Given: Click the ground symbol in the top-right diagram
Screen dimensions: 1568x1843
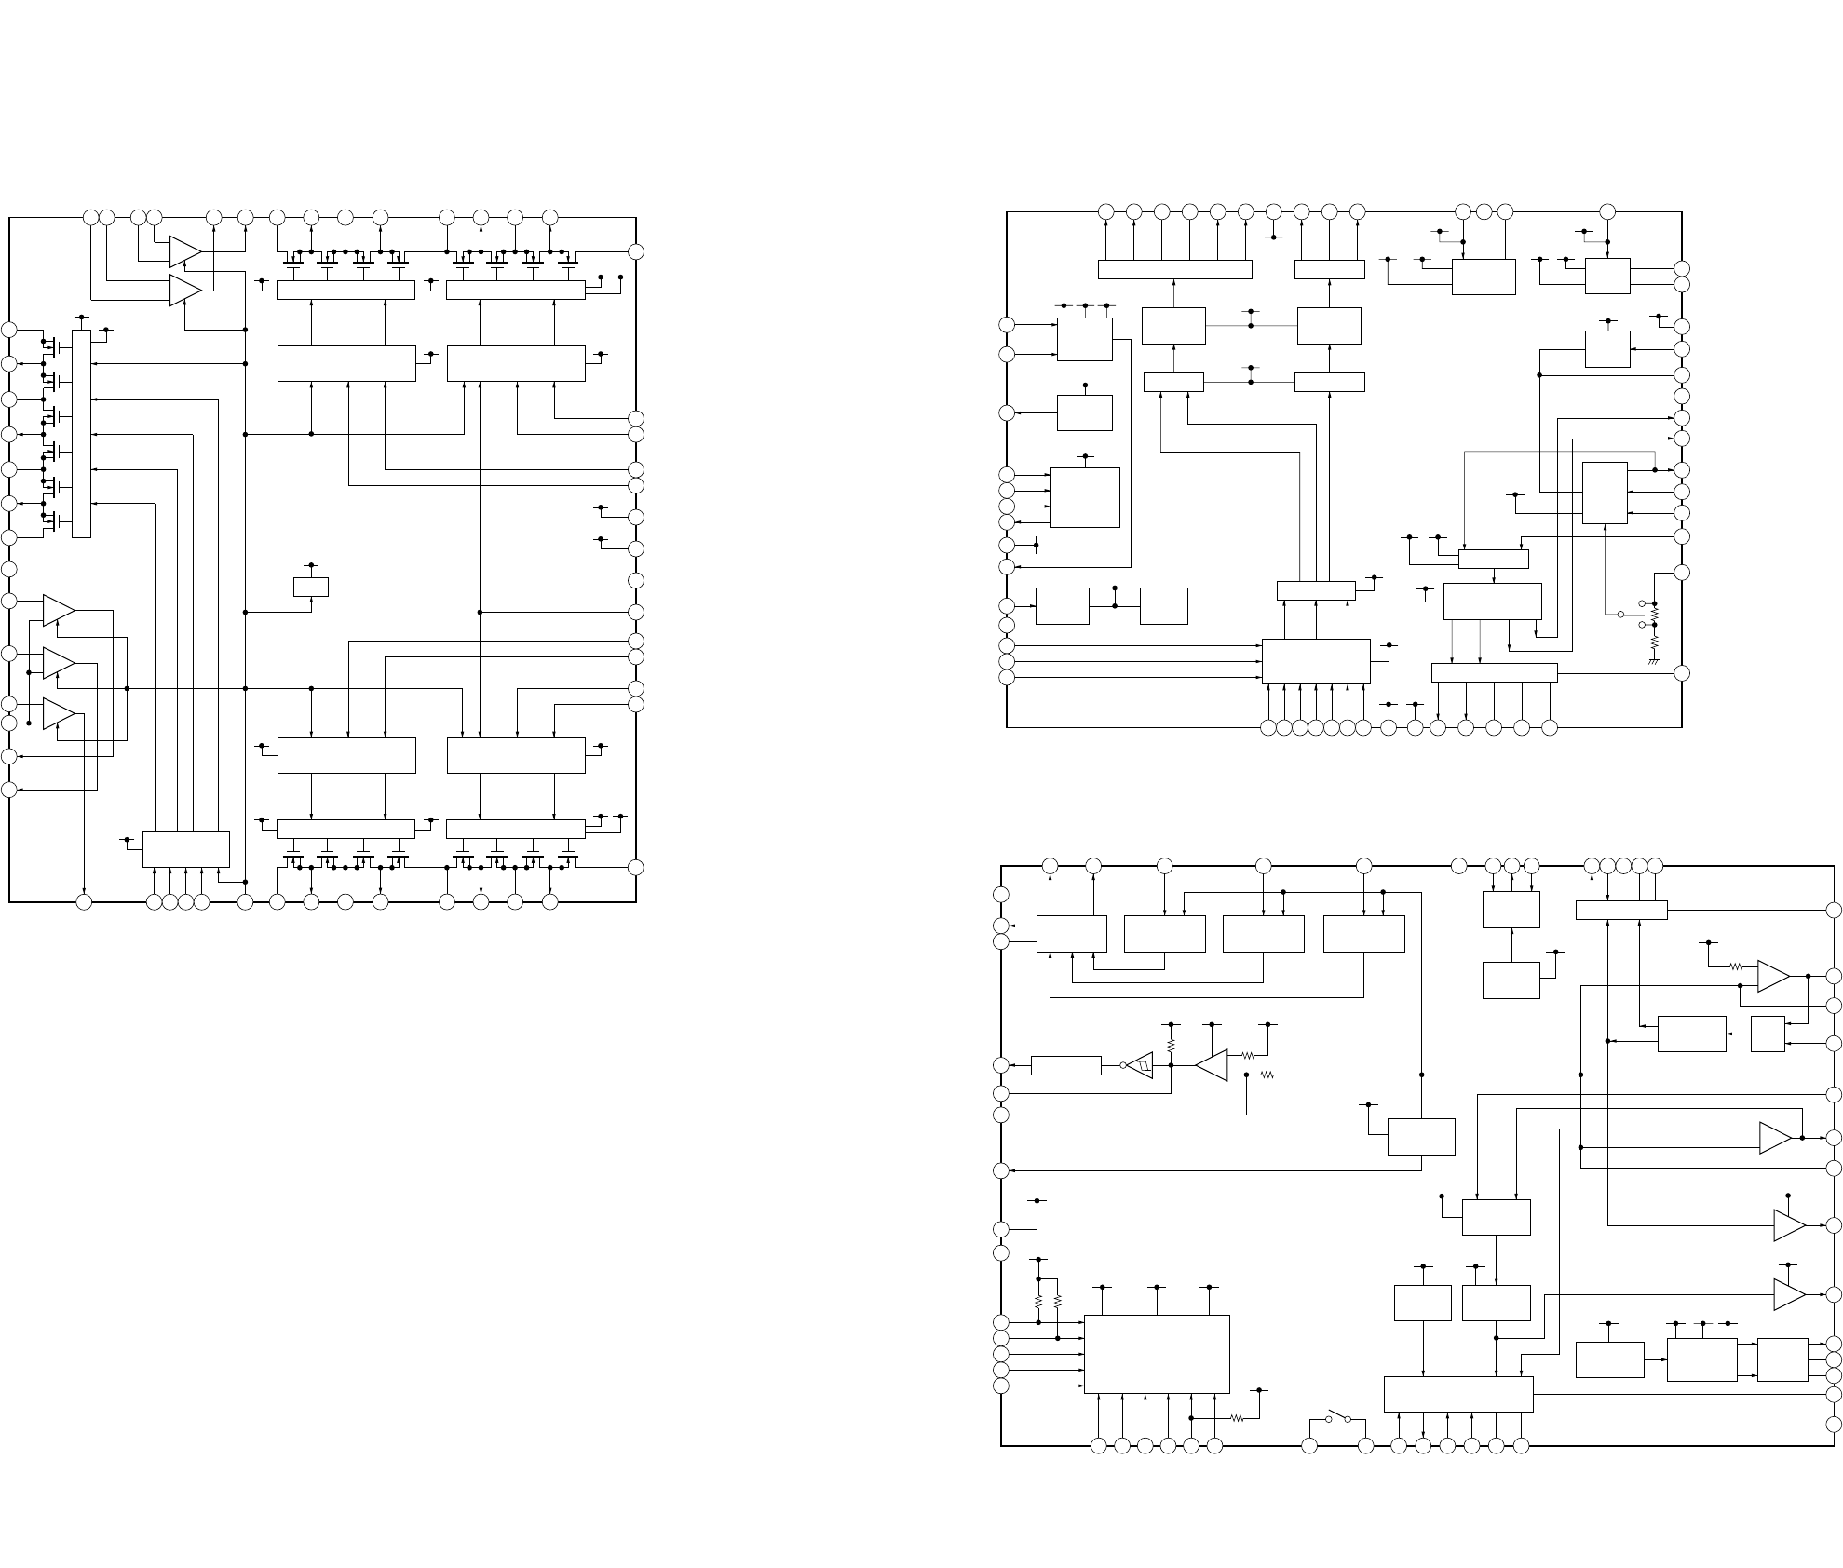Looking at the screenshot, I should [x=1655, y=661].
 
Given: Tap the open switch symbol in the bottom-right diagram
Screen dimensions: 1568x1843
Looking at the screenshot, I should [x=1338, y=1417].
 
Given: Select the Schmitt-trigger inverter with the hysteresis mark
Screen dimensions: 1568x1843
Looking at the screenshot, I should [x=1140, y=1065].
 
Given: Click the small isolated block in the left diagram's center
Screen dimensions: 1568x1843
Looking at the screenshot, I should [x=310, y=587].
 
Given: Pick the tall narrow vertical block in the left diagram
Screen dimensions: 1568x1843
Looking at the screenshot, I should [x=82, y=433].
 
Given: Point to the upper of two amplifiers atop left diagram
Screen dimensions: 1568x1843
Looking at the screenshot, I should [x=185, y=250].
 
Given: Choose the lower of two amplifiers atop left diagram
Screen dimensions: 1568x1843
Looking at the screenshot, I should [x=185, y=291].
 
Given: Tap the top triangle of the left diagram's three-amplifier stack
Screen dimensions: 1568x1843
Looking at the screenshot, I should [x=58, y=610].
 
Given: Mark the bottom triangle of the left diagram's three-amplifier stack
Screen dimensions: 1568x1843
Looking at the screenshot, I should [x=58, y=714].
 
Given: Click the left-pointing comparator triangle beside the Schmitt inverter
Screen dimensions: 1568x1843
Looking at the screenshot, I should [x=1212, y=1065].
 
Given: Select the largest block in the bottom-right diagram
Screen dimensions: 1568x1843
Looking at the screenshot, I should [x=1157, y=1354].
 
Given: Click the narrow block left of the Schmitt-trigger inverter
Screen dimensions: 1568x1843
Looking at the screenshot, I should [x=1066, y=1065].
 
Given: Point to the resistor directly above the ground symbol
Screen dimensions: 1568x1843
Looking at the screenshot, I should [x=1655, y=642].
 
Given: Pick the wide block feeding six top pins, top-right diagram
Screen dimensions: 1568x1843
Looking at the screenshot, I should [x=1174, y=269].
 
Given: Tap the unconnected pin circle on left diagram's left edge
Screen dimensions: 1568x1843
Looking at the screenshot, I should [x=9, y=569].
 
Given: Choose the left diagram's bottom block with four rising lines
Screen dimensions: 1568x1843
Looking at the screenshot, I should [x=186, y=848].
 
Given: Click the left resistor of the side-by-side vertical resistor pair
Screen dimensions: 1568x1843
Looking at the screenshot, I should [x=1038, y=1302].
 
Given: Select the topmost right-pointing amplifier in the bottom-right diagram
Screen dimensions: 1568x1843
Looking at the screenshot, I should [x=1773, y=976].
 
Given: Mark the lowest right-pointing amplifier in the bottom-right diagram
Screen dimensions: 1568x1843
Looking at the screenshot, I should [x=1788, y=1294].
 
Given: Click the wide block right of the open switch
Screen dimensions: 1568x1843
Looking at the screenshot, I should [x=1457, y=1394].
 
